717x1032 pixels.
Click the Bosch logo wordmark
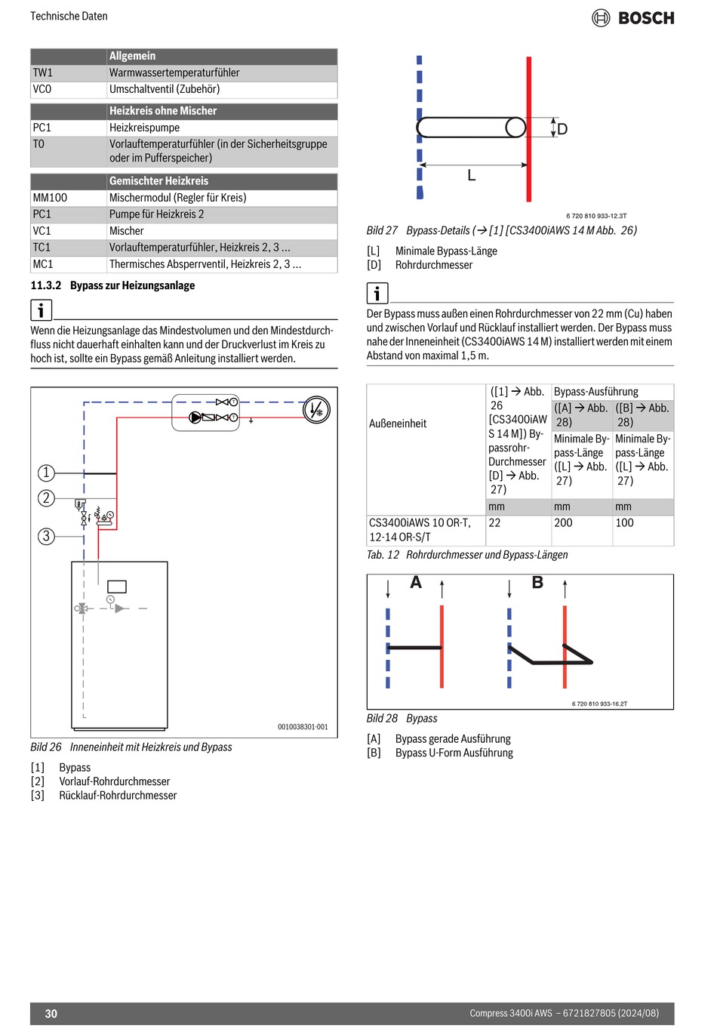point(645,18)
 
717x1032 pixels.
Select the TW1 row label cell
point(43,73)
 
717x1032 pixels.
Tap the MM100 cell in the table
point(50,198)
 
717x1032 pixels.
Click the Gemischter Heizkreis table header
point(158,181)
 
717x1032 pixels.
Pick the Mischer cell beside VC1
point(127,231)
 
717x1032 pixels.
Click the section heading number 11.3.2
point(45,285)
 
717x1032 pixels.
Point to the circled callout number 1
point(46,473)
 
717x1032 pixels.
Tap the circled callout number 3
point(46,536)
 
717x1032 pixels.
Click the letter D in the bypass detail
point(562,129)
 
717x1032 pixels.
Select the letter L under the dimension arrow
point(472,176)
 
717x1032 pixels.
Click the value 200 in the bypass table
point(563,522)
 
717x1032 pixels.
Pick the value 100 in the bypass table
point(624,522)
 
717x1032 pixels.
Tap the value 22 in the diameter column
point(495,522)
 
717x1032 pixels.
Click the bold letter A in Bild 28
point(416,583)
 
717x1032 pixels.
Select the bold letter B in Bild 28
point(537,583)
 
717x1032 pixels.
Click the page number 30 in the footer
point(51,1014)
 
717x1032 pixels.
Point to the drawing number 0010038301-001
point(303,727)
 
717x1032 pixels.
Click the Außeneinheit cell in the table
point(398,424)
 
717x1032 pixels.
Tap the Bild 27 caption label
point(382,230)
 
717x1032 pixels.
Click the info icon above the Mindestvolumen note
point(41,310)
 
